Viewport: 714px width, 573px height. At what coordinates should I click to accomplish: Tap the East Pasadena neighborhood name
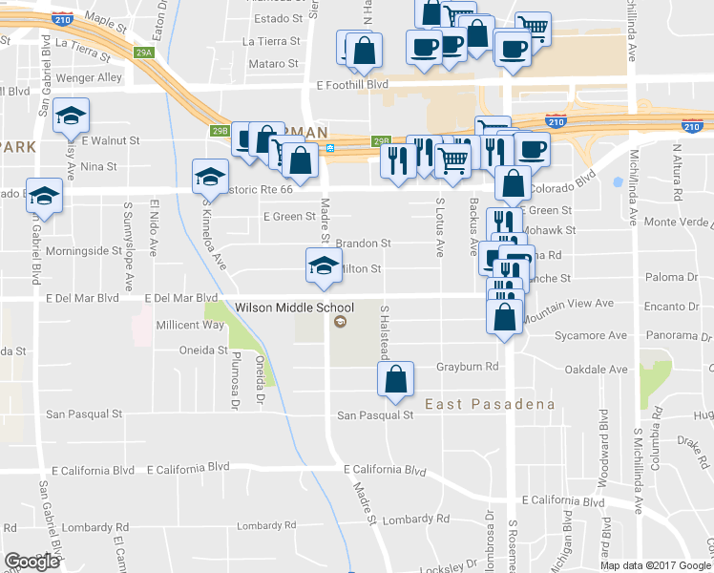(x=490, y=404)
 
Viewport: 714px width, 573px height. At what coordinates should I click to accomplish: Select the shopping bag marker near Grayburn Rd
(x=395, y=379)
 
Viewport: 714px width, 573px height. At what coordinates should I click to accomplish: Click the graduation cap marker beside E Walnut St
(x=71, y=116)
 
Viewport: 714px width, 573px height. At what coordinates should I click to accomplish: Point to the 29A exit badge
(x=144, y=53)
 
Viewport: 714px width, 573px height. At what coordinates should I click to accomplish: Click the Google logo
(x=31, y=562)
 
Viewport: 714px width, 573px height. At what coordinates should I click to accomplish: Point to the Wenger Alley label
(x=89, y=77)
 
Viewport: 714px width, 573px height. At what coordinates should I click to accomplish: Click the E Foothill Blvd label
(x=352, y=85)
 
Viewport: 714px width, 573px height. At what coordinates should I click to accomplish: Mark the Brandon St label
(x=363, y=244)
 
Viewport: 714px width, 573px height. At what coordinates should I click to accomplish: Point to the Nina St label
(x=98, y=165)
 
